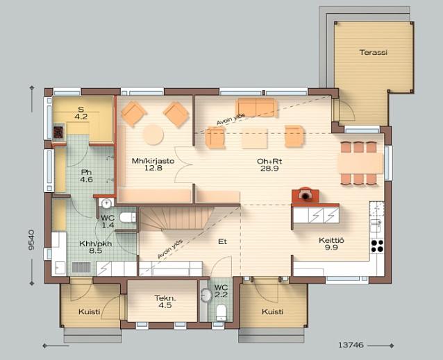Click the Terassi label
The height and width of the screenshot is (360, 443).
373,52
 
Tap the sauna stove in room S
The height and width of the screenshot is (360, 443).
59,132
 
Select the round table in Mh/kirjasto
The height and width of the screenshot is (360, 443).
153,135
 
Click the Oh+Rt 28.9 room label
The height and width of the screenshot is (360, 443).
269,165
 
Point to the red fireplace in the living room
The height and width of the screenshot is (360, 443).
306,195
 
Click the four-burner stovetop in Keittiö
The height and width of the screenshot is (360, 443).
377,246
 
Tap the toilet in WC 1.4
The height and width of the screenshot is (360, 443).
128,218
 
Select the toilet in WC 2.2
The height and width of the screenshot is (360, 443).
221,312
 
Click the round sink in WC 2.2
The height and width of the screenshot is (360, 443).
206,295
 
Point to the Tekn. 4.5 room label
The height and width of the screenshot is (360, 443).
165,302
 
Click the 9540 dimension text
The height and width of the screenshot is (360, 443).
31,240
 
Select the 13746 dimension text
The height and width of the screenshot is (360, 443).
351,345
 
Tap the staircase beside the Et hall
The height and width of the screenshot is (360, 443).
176,218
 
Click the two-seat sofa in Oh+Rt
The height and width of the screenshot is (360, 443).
256,108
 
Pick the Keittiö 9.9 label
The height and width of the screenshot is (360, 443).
331,244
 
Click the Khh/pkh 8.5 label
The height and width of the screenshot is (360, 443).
96,247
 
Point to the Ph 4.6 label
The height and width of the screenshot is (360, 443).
86,175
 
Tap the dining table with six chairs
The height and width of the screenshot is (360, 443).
360,164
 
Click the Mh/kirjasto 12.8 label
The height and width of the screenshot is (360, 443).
153,164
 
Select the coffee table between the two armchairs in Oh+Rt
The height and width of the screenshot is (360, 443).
254,138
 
